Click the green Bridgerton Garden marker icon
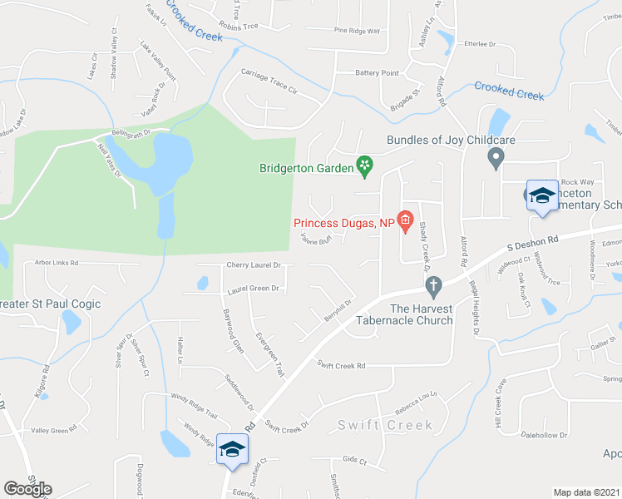pos(364,166)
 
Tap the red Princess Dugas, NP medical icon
pos(405,220)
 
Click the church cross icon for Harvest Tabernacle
pos(432,288)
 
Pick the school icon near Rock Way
pos(542,196)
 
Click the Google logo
pos(28,488)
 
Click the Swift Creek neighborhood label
pos(385,425)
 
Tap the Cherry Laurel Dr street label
pos(254,265)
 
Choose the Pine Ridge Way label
pos(357,30)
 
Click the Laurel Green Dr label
pos(252,289)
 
